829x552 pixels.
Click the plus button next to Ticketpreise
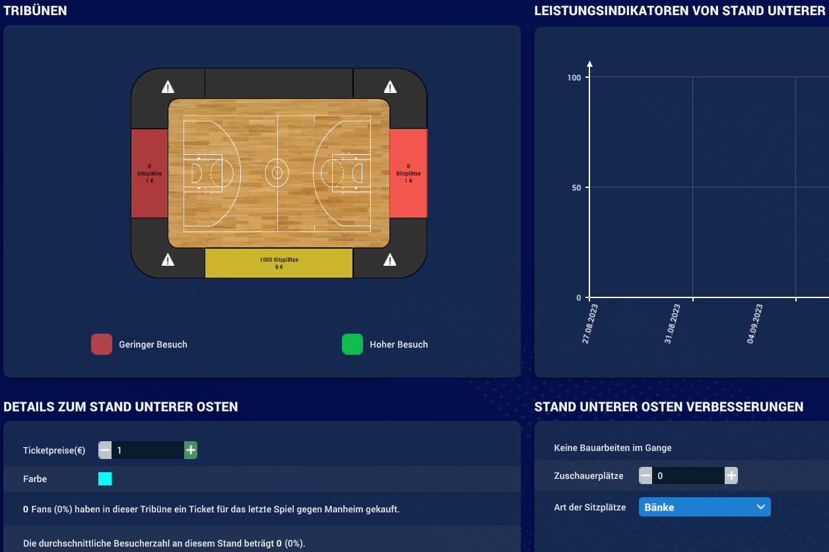[191, 450]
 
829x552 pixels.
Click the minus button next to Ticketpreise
[105, 450]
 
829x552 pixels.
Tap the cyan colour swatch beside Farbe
[105, 479]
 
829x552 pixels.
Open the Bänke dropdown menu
[705, 507]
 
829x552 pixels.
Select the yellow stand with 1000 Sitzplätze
[279, 263]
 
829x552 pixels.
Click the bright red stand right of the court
[408, 173]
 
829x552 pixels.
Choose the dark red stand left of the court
[150, 173]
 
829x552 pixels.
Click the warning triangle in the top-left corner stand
[168, 87]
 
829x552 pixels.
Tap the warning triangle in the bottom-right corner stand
[389, 260]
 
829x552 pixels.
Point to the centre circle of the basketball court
[277, 173]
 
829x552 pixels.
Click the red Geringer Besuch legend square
[102, 344]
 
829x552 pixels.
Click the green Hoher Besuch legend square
[352, 344]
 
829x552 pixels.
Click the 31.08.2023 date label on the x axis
[672, 324]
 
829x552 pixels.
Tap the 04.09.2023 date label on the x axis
[754, 324]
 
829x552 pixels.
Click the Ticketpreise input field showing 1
[148, 450]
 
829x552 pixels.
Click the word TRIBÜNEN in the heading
[35, 11]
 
